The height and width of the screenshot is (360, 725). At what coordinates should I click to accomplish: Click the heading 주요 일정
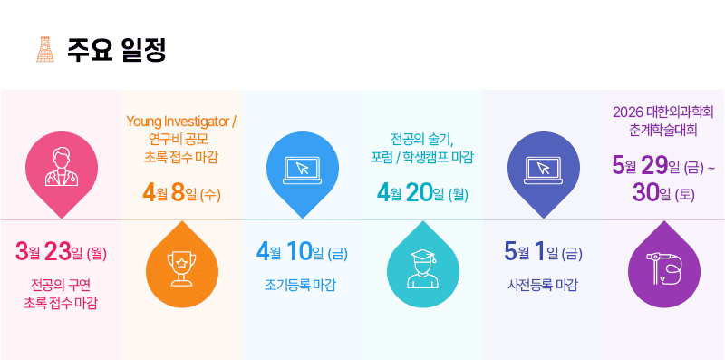coord(116,50)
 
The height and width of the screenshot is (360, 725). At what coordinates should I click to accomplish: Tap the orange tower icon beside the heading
coord(45,49)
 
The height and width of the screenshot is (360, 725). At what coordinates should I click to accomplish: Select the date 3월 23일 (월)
coord(61,253)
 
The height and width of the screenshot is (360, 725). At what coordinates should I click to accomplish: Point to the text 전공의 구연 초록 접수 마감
coord(61,294)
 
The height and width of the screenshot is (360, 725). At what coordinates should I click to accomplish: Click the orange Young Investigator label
coord(182,122)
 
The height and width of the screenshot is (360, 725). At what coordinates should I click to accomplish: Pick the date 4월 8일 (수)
coord(182,194)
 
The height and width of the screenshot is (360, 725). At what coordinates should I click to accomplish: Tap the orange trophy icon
coord(182,265)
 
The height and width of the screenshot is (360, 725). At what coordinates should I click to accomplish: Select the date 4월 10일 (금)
coord(302,253)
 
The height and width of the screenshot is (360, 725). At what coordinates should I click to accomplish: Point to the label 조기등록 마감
coord(300,286)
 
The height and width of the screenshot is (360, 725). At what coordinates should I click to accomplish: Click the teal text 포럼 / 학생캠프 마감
coord(421,157)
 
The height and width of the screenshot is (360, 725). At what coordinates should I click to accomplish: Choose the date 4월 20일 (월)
coord(422,194)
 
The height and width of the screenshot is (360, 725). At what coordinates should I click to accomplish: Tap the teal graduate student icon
coord(423,265)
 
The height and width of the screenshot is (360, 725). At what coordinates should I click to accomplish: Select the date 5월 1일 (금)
coord(543,253)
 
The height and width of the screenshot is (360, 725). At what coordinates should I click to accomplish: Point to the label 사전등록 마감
coord(542,286)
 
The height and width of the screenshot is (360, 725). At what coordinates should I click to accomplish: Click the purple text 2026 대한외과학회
coord(663,112)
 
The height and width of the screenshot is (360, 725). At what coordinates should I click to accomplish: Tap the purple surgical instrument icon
coord(664,265)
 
